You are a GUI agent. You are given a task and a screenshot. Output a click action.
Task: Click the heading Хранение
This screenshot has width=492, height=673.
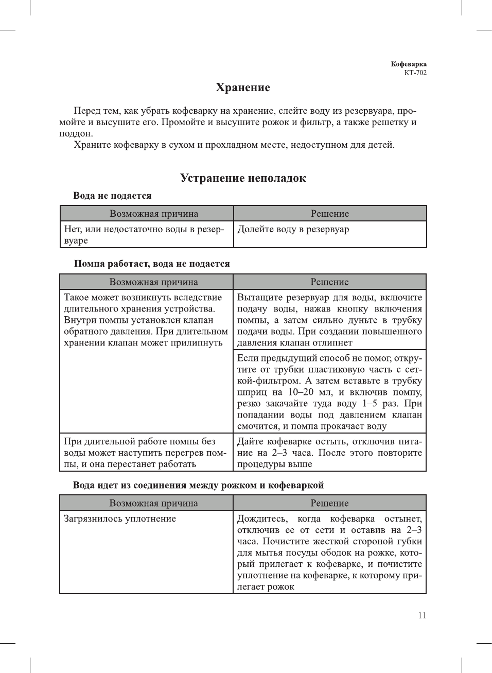[x=243, y=88]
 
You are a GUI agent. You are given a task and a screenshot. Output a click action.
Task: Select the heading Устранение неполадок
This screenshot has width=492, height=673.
[x=243, y=178]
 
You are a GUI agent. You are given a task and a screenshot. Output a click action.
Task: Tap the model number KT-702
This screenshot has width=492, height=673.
[x=415, y=73]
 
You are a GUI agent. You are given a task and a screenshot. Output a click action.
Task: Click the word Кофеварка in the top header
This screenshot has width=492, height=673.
[x=409, y=64]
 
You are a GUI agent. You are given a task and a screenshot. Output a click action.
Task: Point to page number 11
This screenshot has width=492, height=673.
[x=422, y=615]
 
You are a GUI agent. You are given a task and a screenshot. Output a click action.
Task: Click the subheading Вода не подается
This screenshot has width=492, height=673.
[x=112, y=196]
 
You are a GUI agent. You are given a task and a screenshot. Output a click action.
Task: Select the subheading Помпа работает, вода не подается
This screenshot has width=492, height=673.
[x=152, y=264]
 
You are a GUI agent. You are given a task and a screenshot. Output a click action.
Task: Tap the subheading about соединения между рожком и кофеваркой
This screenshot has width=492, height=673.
[x=198, y=485]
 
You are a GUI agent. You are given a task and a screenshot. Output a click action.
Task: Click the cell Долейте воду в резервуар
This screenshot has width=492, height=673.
[x=293, y=229]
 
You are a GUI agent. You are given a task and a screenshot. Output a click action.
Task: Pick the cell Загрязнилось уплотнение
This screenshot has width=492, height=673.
[x=120, y=519]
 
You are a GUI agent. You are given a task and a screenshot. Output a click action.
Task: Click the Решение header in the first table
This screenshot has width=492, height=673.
[x=329, y=214]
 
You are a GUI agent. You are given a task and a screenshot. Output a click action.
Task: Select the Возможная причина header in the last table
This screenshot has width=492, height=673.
[x=153, y=503]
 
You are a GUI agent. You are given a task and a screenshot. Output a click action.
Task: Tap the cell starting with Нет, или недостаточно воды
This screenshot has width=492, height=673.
[x=144, y=235]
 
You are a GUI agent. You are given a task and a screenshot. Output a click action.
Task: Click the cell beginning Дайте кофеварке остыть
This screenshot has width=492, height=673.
[x=329, y=453]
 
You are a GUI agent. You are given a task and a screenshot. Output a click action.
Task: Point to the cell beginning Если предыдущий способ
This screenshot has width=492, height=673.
[x=329, y=392]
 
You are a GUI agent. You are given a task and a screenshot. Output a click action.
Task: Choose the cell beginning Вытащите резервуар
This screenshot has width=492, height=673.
[x=329, y=320]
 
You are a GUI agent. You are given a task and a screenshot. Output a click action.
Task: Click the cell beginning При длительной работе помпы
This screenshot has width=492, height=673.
[x=145, y=453]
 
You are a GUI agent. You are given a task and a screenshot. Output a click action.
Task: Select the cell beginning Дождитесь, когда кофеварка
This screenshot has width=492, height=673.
[x=329, y=553]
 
